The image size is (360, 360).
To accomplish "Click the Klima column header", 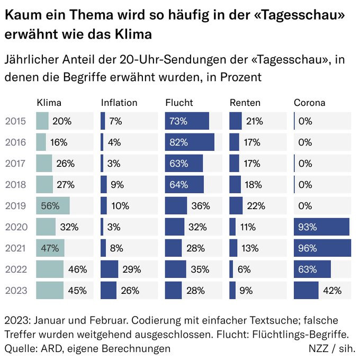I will [x=48, y=103].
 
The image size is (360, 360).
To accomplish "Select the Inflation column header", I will [x=119, y=103].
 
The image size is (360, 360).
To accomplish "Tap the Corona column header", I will [x=309, y=103].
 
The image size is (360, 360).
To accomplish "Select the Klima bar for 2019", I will [x=53, y=205].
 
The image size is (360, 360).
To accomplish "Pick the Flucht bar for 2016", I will [x=190, y=142].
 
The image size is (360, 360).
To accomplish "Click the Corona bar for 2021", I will [x=322, y=248].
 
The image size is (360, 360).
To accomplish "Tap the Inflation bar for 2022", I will [x=110, y=269].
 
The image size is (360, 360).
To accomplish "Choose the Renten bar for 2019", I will [x=236, y=205].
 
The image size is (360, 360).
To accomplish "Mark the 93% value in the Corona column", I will [x=308, y=227].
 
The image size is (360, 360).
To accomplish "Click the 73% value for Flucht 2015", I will [x=178, y=121].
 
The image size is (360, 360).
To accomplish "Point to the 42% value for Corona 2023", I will [x=332, y=290].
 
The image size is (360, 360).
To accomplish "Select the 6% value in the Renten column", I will [x=244, y=269].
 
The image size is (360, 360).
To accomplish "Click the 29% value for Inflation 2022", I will [x=131, y=269].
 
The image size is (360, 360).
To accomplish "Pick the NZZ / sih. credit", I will [x=332, y=348].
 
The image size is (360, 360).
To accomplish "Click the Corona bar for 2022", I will [x=312, y=269].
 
